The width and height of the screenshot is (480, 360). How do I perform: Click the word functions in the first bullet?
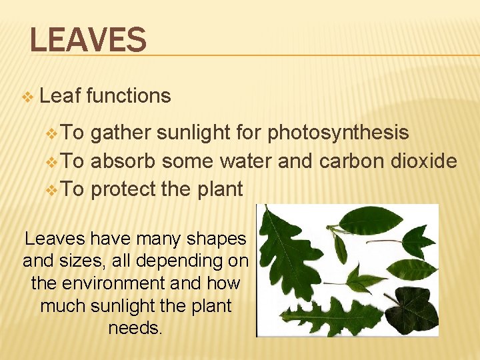(x=128, y=96)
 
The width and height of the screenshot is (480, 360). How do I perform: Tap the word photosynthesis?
(x=338, y=133)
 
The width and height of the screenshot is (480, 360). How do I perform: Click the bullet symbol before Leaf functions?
(x=27, y=97)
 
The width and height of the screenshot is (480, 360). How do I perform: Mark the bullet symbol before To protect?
(x=55, y=190)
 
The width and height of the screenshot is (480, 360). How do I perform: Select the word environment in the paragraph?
(x=113, y=283)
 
